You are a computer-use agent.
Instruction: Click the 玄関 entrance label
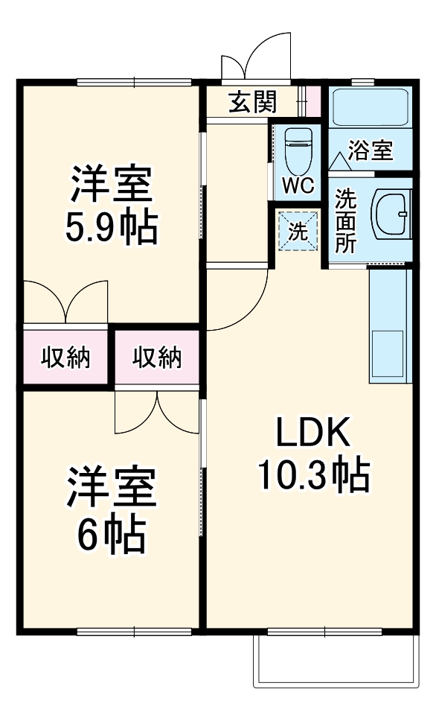click(252, 102)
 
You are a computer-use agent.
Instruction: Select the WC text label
click(298, 185)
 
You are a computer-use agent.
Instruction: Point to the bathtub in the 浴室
click(370, 107)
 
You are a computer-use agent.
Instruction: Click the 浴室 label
click(371, 150)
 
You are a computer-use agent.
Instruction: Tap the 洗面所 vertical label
click(346, 220)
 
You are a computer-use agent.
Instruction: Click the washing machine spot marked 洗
click(298, 231)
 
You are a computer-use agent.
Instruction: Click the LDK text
click(313, 432)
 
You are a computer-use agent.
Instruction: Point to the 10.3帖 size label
click(314, 474)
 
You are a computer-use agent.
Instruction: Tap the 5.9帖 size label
click(112, 228)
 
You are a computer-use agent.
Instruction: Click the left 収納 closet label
click(65, 358)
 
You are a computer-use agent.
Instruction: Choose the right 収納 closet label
click(157, 358)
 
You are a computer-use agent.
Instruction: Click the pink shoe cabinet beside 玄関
click(313, 101)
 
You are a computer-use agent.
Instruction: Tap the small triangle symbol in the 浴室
click(340, 162)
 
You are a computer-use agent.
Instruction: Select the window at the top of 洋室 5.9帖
click(134, 83)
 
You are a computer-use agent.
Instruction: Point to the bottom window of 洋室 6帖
click(134, 632)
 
